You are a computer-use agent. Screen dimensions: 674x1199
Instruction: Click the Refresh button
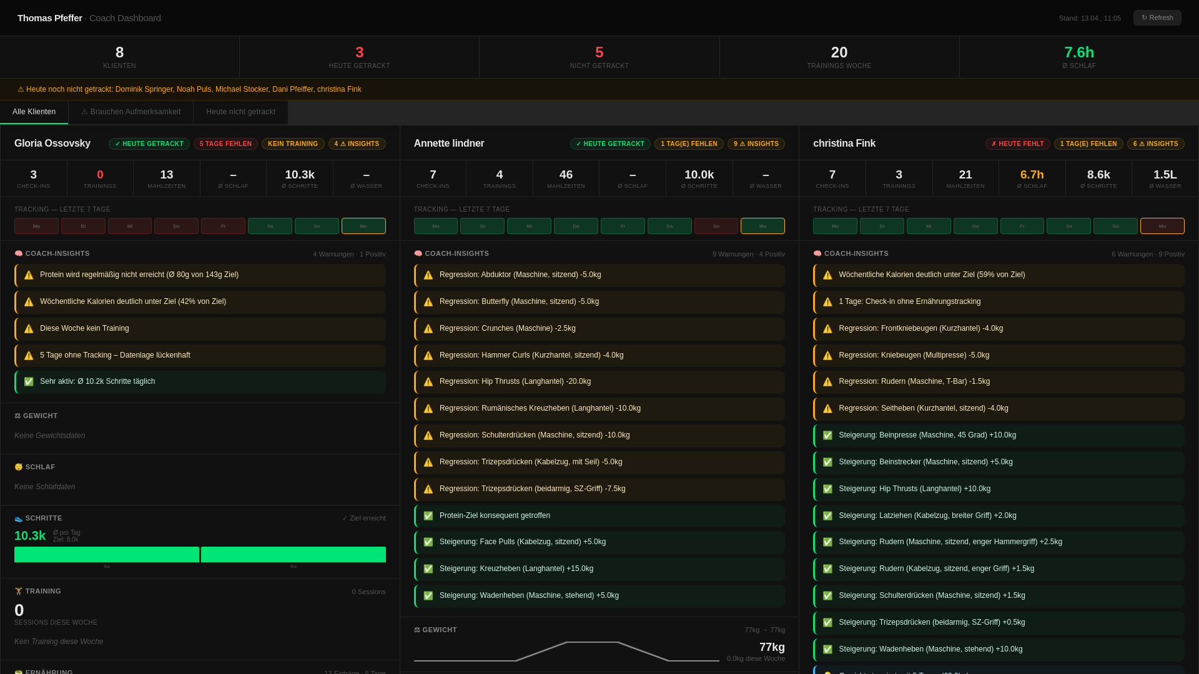1157,17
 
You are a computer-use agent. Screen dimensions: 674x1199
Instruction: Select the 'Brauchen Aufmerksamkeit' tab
131,112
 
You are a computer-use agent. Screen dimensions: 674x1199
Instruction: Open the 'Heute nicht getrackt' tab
240,112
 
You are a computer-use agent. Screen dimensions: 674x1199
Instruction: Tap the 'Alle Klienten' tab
34,112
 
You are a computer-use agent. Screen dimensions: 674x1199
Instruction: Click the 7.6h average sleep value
1078,52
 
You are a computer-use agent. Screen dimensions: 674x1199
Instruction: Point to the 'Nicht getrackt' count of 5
599,52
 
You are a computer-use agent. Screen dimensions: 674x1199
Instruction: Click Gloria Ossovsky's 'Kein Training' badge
293,144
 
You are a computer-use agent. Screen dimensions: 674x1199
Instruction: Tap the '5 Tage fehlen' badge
225,144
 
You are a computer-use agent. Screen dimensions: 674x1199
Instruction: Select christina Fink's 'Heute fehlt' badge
1017,144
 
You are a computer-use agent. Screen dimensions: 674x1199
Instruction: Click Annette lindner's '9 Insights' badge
756,144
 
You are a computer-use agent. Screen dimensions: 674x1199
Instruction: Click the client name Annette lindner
448,144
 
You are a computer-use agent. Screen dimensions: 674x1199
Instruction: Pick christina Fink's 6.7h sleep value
1032,175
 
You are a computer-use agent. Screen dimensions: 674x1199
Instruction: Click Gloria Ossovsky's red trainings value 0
100,175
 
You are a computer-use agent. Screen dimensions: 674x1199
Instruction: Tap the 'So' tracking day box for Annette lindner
716,226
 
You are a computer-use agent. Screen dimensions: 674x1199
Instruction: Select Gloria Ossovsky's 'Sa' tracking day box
270,226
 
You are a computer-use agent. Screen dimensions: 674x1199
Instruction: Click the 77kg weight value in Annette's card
772,647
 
